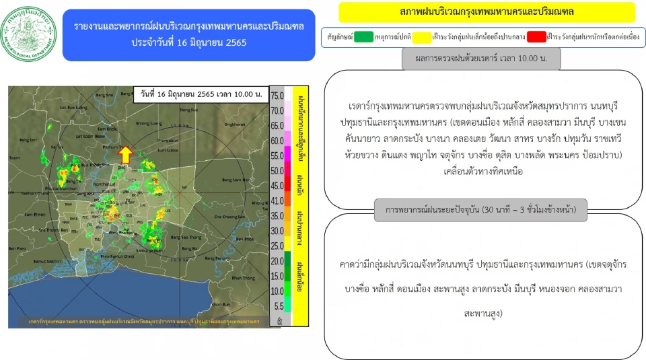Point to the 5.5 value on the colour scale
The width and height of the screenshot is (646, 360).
[277, 305]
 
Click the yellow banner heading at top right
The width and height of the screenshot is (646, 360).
[487, 12]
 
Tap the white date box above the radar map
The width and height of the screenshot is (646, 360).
[201, 94]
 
